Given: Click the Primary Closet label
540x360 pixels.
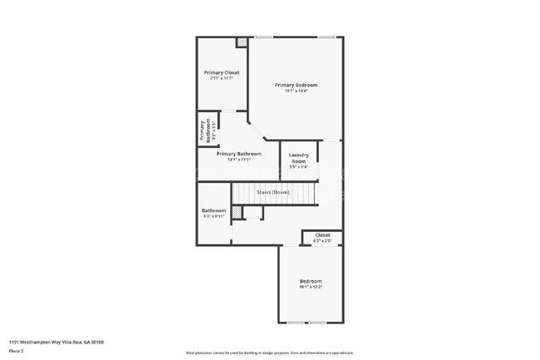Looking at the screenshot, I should coord(222,72).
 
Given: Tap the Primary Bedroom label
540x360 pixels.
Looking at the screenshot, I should coord(297,85).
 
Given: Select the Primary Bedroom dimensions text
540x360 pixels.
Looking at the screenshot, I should coord(297,91).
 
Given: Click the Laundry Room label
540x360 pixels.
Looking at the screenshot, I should coord(298,157).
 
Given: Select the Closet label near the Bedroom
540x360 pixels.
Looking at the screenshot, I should coord(322,235).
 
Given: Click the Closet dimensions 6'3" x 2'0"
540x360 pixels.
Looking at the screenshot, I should coord(322,241).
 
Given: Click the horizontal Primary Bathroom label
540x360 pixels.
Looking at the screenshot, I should coord(238,154).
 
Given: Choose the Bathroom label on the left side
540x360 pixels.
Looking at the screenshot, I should coord(214,210).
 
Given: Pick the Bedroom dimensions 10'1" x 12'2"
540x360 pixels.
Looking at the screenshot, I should coord(311,287).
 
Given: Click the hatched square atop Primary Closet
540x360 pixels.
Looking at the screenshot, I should coord(242,42).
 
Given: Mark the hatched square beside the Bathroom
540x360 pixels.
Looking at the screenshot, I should coord(237,213).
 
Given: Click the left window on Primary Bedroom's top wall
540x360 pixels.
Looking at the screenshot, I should coord(264,37).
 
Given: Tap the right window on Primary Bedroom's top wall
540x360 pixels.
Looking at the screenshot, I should coord(326,37).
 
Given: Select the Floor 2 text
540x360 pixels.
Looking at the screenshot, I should coord(17,352).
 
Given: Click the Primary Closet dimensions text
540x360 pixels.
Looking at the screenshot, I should coord(222,79).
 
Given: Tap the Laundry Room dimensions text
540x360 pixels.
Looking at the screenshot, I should coord(298,167).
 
